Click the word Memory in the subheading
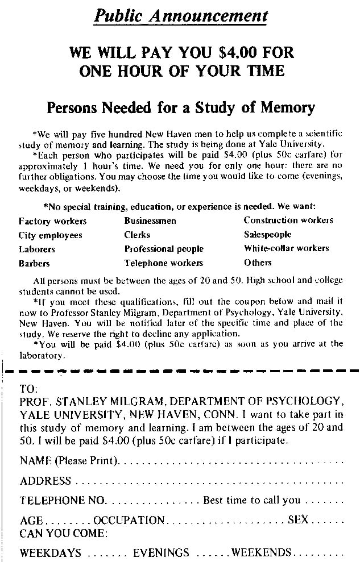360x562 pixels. pyautogui.click(x=284, y=107)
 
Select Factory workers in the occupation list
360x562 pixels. pyautogui.click(x=52, y=221)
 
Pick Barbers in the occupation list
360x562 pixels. pyautogui.click(x=34, y=264)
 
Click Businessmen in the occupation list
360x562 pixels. pyautogui.click(x=150, y=221)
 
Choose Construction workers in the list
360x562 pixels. pyautogui.click(x=288, y=220)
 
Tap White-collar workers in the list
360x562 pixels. pyautogui.click(x=286, y=248)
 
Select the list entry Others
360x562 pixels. pyautogui.click(x=258, y=263)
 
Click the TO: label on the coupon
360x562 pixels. pyautogui.click(x=28, y=390)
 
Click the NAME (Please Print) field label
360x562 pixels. pyautogui.click(x=69, y=461)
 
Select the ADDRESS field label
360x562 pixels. pyautogui.click(x=45, y=481)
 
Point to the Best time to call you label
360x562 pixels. pyautogui.click(x=251, y=501)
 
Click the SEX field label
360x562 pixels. pyautogui.click(x=297, y=521)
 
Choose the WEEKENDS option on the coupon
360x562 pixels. pyautogui.click(x=261, y=552)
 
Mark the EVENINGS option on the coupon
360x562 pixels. pyautogui.click(x=161, y=553)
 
